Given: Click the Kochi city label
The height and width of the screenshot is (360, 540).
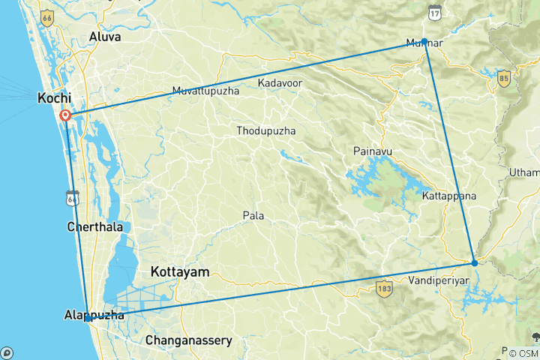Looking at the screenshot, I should pyautogui.click(x=55, y=97).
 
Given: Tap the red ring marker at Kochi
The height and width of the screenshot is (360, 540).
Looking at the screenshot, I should pyautogui.click(x=65, y=115).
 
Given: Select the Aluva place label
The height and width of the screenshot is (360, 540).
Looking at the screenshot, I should pyautogui.click(x=104, y=36).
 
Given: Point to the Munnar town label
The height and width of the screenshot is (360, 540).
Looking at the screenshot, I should pyautogui.click(x=424, y=43).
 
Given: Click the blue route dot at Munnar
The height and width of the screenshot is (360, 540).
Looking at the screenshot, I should pyautogui.click(x=424, y=41).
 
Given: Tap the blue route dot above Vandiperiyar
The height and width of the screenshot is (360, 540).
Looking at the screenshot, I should pyautogui.click(x=475, y=262).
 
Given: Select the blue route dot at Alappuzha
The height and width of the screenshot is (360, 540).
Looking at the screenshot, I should pyautogui.click(x=88, y=319).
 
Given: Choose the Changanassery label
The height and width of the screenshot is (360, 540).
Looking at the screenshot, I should pyautogui.click(x=188, y=340).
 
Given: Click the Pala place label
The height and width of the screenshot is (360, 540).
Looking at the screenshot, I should pyautogui.click(x=253, y=216).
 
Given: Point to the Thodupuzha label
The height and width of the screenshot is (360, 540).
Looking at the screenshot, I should pyautogui.click(x=265, y=130).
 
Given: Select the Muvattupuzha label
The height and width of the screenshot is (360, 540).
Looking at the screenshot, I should pyautogui.click(x=205, y=91).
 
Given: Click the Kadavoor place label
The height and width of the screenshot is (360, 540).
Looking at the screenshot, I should pyautogui.click(x=280, y=82).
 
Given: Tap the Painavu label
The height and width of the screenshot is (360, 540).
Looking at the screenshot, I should pyautogui.click(x=373, y=151).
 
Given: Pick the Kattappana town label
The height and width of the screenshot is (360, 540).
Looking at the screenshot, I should pyautogui.click(x=445, y=196).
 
